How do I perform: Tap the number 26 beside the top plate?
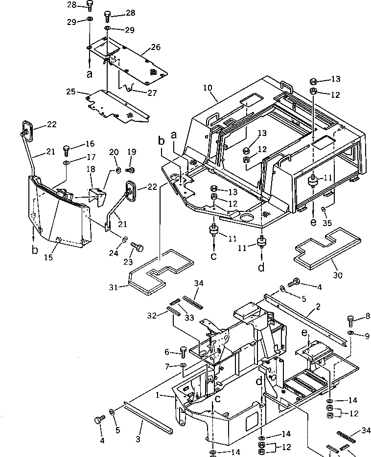pyautogui.click(x=156, y=48)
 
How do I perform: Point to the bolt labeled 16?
pyautogui.click(x=67, y=148)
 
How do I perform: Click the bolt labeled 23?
pyautogui.click(x=138, y=248)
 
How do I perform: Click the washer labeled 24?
pyautogui.click(x=125, y=241)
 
